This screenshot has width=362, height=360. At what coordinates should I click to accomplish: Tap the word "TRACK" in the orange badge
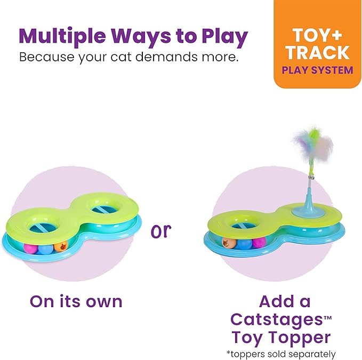[x=318, y=52]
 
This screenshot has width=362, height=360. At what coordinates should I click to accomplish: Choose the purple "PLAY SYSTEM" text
[x=318, y=70]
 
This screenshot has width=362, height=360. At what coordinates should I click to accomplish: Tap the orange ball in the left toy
[x=61, y=247]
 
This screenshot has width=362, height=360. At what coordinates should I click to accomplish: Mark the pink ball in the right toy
[x=259, y=243]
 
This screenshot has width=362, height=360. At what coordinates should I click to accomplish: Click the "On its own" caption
[x=76, y=301]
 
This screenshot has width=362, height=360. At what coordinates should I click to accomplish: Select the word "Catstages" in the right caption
[x=276, y=320]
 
